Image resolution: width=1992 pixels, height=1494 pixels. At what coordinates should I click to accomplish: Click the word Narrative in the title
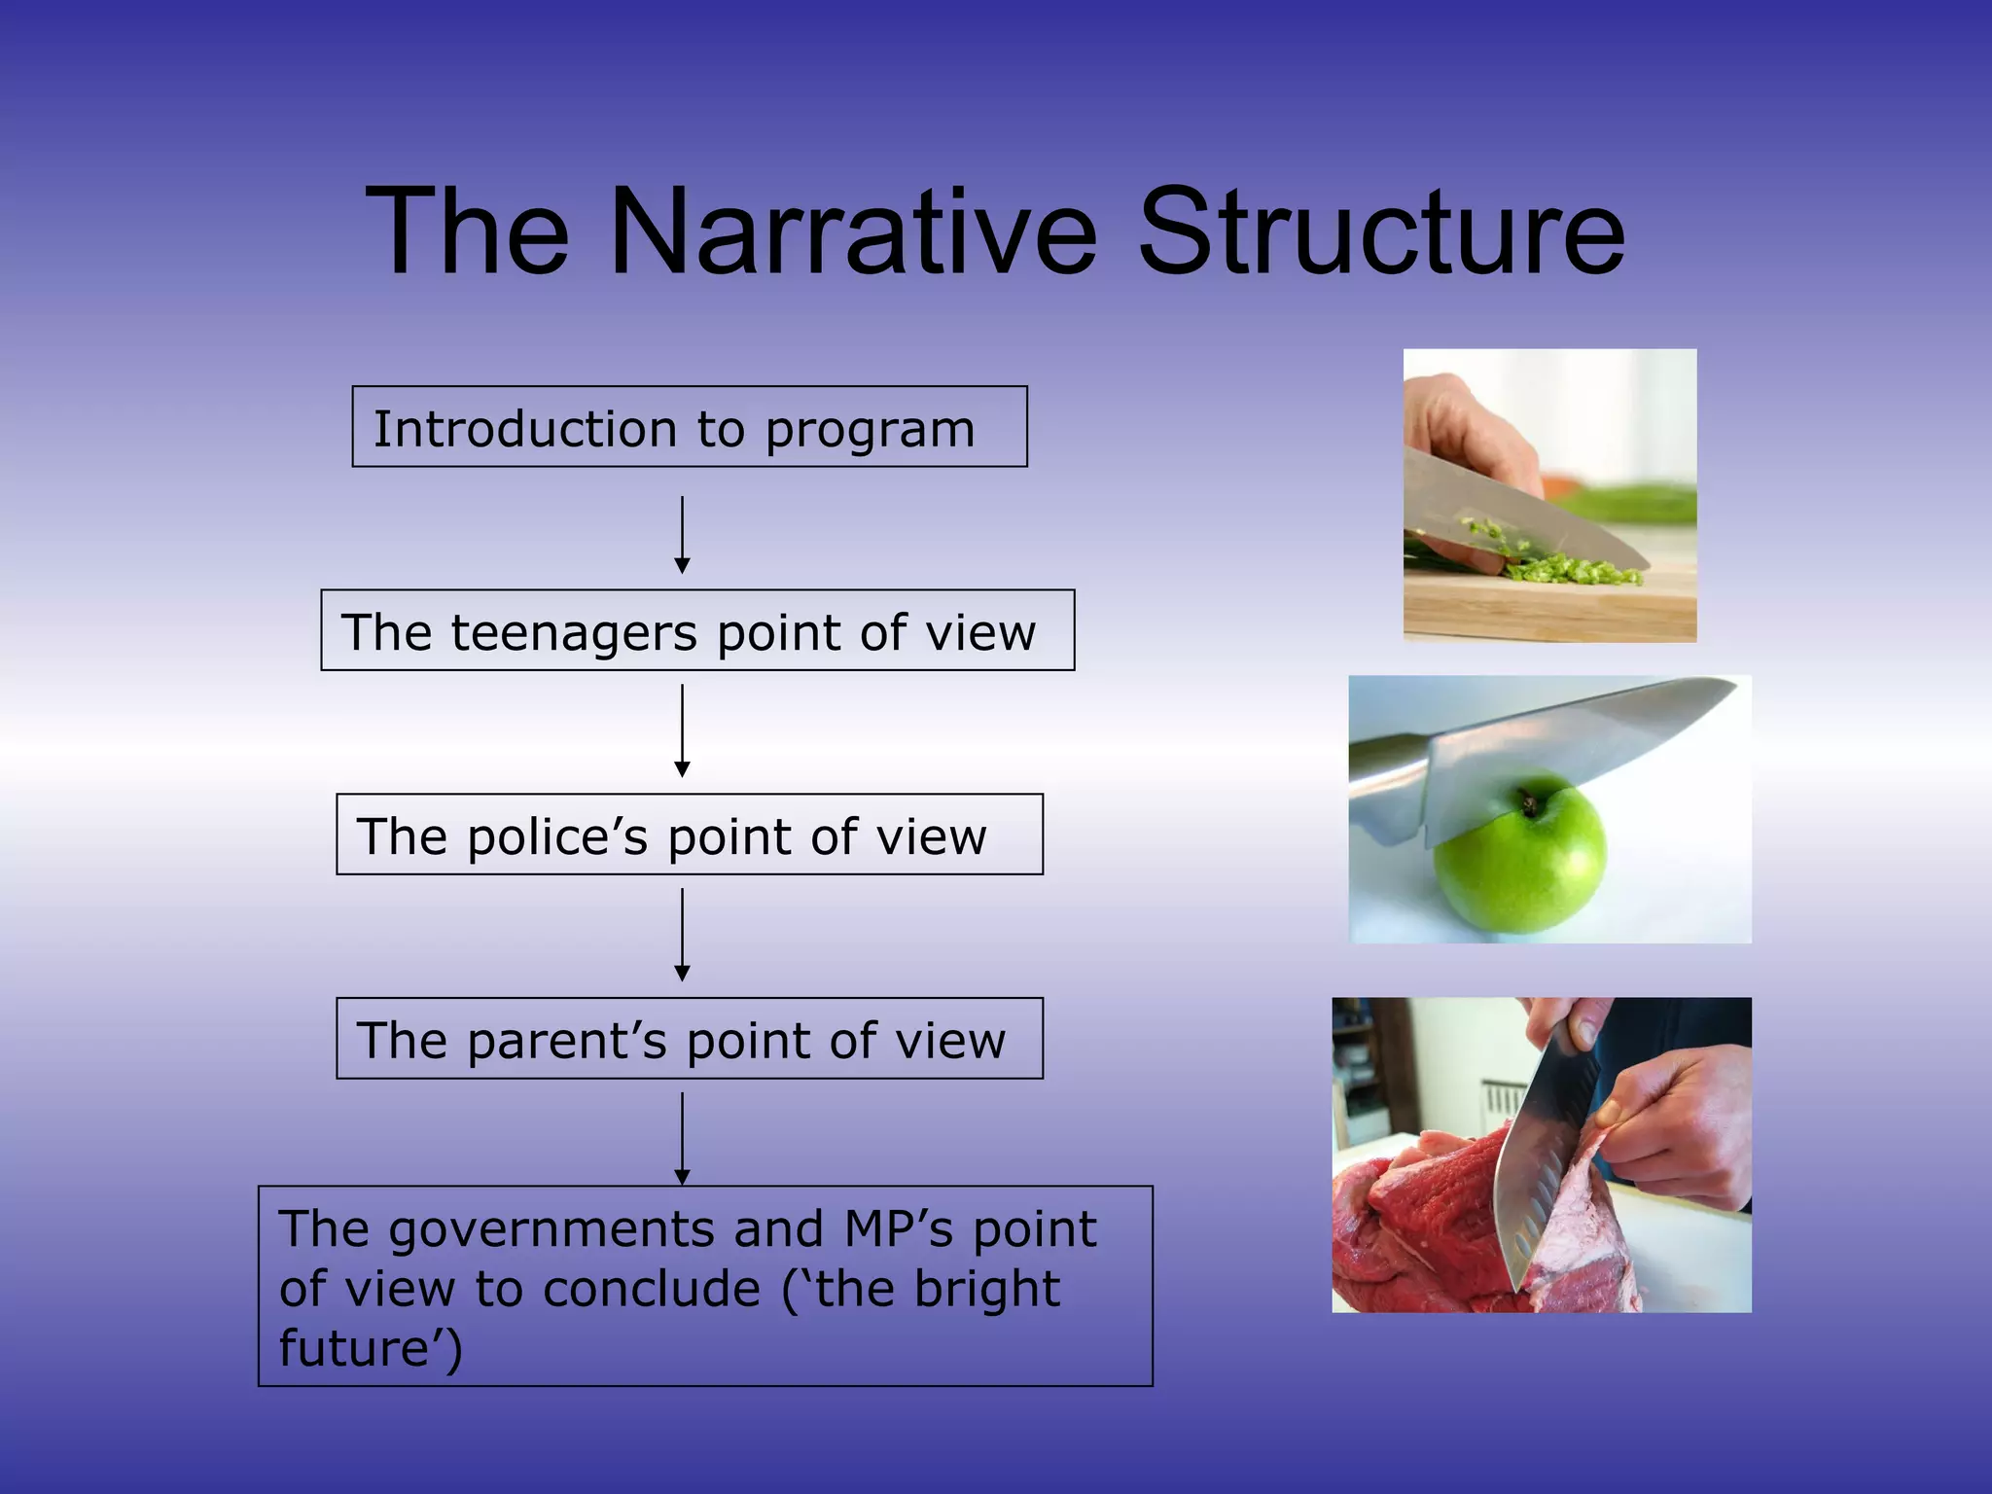853,233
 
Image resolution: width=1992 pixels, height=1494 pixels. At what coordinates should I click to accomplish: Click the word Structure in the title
1380,233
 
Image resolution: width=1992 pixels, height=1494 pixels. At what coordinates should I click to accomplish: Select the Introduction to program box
689,428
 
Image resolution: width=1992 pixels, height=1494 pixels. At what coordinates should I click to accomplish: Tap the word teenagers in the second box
574,632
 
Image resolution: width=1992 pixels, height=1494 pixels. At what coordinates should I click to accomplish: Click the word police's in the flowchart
556,836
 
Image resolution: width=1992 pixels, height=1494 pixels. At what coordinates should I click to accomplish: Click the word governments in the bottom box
551,1229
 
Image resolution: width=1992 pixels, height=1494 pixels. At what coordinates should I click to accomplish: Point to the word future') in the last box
371,1348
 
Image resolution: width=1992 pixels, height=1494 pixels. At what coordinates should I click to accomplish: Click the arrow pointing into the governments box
683,1138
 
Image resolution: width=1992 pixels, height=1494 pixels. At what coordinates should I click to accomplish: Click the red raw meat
1420,1226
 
